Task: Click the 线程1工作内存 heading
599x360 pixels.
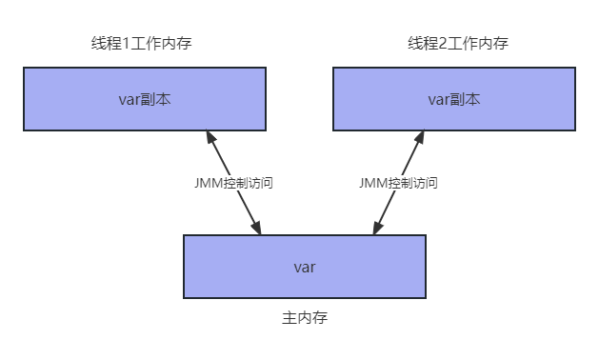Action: point(141,43)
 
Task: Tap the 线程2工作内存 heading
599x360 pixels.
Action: point(458,43)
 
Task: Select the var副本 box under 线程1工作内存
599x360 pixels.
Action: point(145,99)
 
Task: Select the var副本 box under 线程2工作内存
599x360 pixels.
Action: point(454,99)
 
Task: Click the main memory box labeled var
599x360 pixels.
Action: point(305,267)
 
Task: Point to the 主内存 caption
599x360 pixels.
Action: point(305,317)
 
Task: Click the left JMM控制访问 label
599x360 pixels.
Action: point(233,183)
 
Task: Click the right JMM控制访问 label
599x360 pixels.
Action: point(398,183)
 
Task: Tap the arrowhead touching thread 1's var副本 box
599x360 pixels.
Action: point(211,137)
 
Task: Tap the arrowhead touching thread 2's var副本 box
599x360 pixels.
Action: point(419,137)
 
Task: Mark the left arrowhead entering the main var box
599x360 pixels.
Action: point(256,228)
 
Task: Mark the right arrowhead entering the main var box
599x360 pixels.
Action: point(377,228)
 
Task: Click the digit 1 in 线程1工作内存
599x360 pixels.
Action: point(126,44)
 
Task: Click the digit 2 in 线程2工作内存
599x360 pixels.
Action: point(443,44)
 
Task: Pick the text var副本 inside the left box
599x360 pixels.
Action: point(145,99)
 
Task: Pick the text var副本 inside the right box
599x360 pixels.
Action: point(454,99)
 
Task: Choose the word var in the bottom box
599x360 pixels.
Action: point(305,267)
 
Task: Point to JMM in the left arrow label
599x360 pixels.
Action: point(209,183)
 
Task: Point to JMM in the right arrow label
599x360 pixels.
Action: point(373,183)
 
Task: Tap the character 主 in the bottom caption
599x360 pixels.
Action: point(290,317)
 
